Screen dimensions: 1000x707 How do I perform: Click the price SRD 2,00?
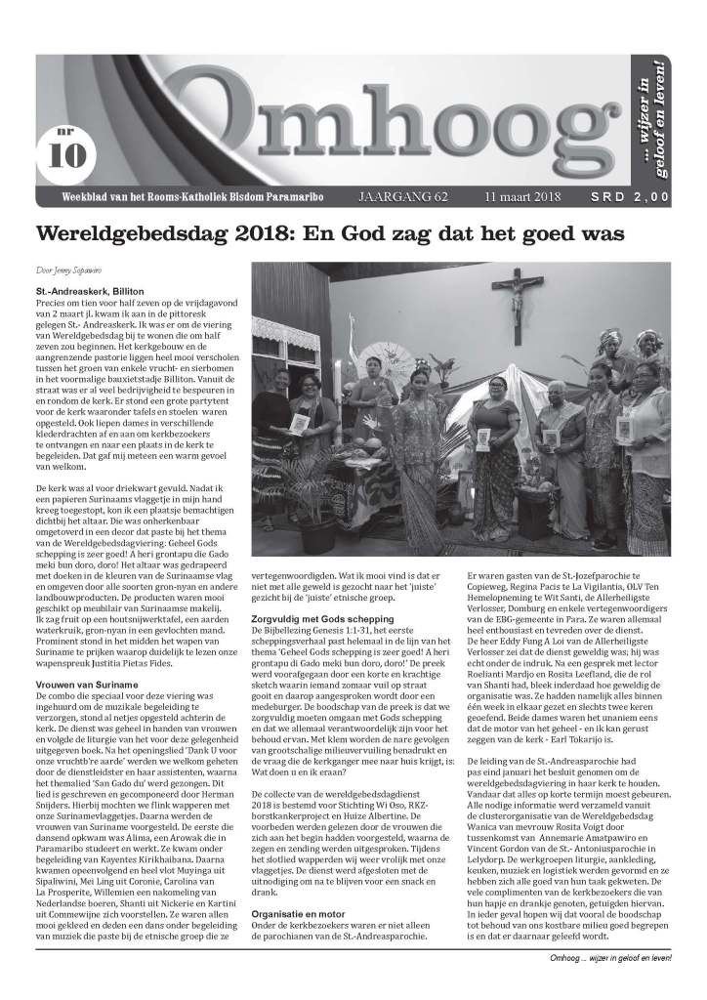[x=633, y=197]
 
